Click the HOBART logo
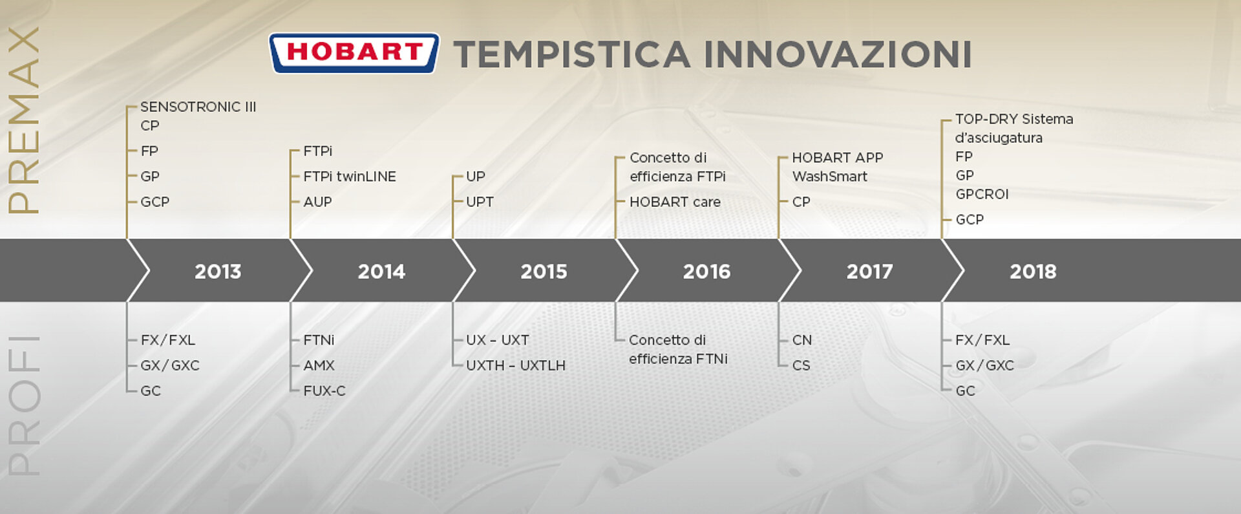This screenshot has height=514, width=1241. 354,53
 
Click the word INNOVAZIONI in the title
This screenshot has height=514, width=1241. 838,54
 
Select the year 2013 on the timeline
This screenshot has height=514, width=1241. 218,272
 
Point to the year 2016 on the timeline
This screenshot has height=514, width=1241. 706,272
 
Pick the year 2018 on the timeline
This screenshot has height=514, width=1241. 1033,272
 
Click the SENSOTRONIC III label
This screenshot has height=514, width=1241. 198,107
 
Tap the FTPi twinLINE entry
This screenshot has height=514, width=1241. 350,177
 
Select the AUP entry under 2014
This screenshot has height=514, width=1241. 317,202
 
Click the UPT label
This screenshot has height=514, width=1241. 480,202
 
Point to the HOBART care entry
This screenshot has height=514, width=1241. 675,202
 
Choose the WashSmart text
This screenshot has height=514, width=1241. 830,177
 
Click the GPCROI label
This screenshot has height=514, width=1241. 982,194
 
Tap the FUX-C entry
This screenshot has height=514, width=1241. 324,391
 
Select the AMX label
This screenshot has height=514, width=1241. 319,365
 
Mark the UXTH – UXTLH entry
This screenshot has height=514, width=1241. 516,365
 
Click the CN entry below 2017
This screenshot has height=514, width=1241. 802,340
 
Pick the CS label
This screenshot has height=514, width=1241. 801,365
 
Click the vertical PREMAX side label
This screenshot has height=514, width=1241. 24,120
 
